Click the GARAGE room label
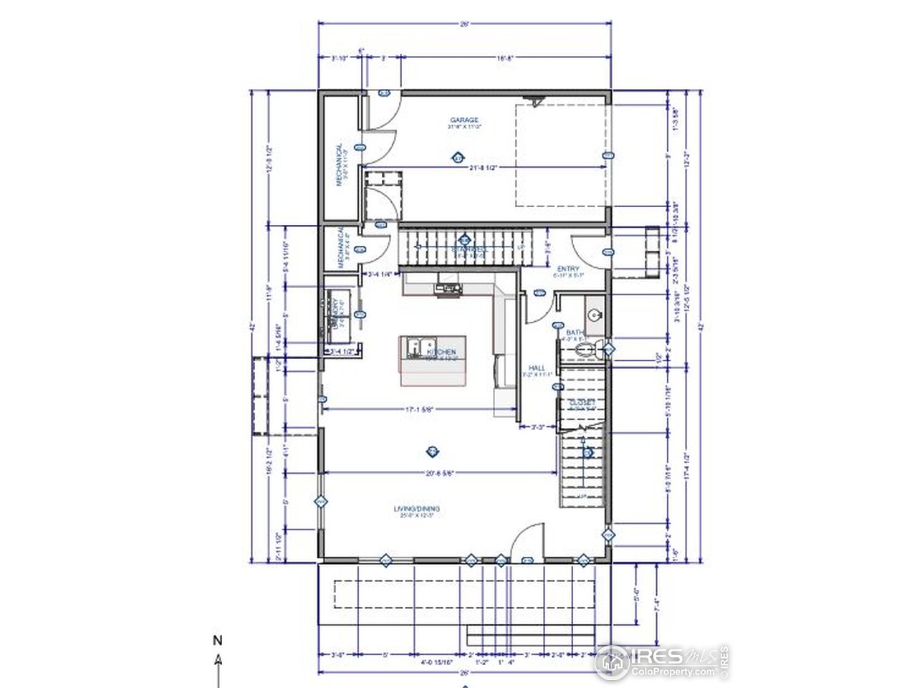click(x=464, y=120)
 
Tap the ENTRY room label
click(x=569, y=269)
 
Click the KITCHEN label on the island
click(x=441, y=353)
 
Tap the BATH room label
click(x=573, y=333)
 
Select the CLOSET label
click(x=582, y=403)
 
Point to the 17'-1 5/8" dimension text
click(x=421, y=410)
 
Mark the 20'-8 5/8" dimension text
click(x=439, y=472)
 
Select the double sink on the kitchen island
click(x=416, y=346)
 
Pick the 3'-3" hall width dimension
click(x=538, y=427)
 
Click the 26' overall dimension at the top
click(x=465, y=24)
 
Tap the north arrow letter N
click(x=217, y=639)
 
